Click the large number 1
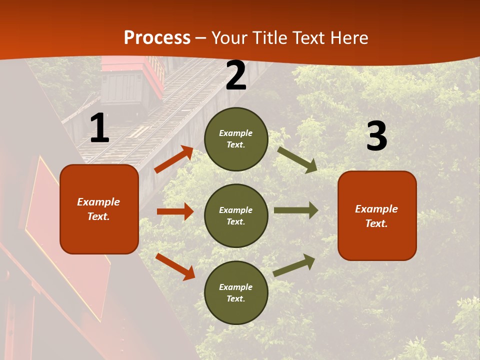click(x=99, y=128)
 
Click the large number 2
click(x=236, y=75)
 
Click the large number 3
click(x=376, y=136)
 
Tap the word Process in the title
click(x=157, y=37)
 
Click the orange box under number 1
click(x=99, y=209)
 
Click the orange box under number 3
click(x=377, y=215)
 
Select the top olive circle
click(x=236, y=139)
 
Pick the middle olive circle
click(x=236, y=215)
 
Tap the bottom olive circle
click(x=236, y=292)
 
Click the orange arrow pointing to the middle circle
click(x=175, y=211)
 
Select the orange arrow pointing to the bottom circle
click(x=175, y=266)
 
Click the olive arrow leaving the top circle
click(x=297, y=159)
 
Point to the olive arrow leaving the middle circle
click(x=296, y=210)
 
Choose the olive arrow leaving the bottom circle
click(x=294, y=265)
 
